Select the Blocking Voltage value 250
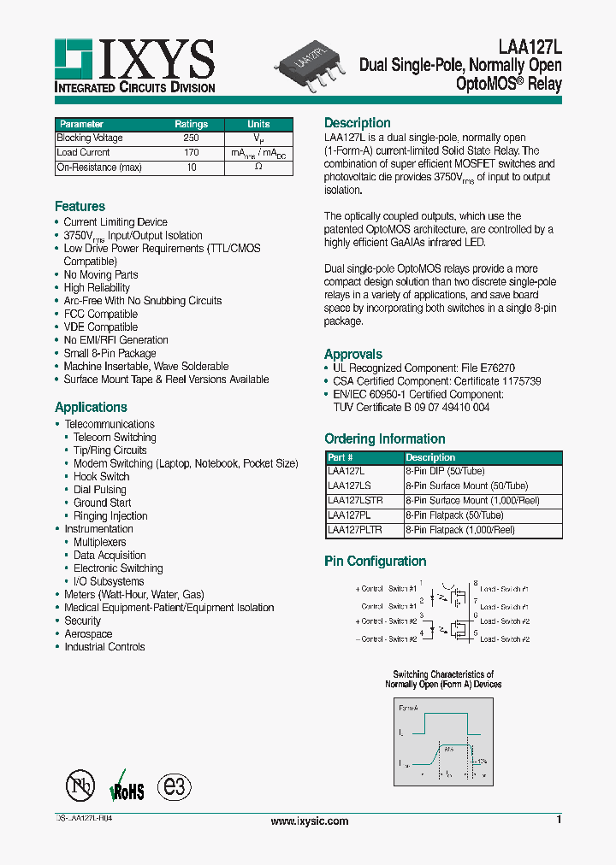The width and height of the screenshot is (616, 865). (191, 138)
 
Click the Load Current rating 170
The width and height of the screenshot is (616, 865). (191, 153)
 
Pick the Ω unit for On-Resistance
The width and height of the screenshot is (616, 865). (258, 168)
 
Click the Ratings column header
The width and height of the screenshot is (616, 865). (191, 124)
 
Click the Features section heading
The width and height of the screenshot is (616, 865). (80, 207)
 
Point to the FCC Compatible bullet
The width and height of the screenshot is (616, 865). (100, 314)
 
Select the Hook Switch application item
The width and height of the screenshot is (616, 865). (101, 476)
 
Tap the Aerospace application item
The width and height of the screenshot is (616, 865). (88, 633)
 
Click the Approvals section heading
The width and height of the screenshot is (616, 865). (352, 354)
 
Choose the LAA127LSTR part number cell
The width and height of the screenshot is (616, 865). (355, 500)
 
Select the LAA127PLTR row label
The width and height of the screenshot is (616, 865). (355, 530)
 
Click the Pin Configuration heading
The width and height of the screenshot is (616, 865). (375, 562)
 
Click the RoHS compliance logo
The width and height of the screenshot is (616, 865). (127, 786)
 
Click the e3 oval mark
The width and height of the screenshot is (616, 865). (176, 786)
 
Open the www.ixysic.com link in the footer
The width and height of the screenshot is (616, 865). (309, 821)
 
